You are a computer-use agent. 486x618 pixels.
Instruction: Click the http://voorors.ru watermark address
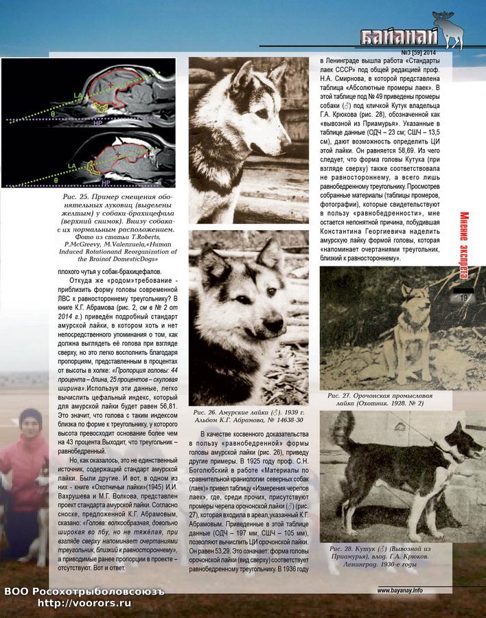84,603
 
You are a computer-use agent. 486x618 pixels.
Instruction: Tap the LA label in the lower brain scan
71,166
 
